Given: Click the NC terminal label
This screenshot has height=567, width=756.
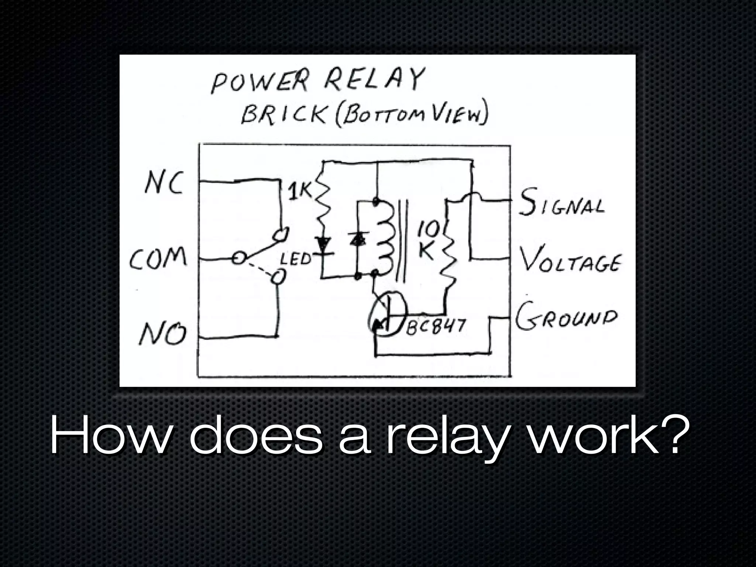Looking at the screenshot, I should coord(164,184).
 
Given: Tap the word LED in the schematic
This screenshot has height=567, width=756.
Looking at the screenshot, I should coord(295,260).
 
